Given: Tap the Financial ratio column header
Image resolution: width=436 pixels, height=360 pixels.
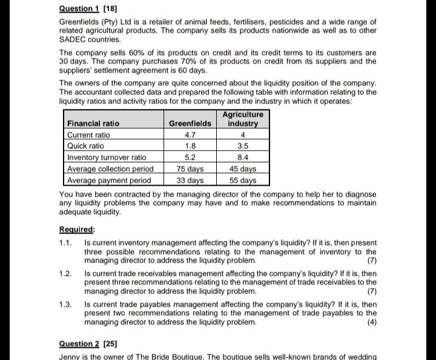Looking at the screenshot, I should tap(93, 123).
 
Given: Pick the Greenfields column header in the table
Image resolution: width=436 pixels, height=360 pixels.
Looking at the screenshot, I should tap(190, 123).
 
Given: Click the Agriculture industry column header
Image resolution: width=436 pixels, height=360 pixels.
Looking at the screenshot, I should tap(243, 119).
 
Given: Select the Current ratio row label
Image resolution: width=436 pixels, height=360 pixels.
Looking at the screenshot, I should tap(88, 135).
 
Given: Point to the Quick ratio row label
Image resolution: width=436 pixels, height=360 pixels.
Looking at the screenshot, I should tap(85, 146).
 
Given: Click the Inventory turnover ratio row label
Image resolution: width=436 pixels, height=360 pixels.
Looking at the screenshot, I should tap(107, 158).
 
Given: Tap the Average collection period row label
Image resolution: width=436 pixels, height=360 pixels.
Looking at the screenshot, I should tap(110, 169).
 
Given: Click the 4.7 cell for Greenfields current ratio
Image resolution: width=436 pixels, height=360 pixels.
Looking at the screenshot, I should tap(190, 135).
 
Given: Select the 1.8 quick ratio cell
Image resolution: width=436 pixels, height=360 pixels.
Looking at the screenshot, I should tap(190, 146).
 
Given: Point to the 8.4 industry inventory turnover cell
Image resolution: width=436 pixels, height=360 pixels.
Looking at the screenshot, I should tap(243, 158).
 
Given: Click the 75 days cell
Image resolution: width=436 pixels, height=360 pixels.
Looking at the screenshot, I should tap(190, 169).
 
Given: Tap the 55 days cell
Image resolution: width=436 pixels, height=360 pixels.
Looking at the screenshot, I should tap(243, 180).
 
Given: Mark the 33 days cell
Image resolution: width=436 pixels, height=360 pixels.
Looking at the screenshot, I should tap(190, 180).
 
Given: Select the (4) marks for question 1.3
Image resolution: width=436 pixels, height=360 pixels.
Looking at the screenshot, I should tap(371, 322).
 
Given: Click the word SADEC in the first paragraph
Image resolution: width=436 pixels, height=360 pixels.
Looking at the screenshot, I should tap(73, 39).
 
